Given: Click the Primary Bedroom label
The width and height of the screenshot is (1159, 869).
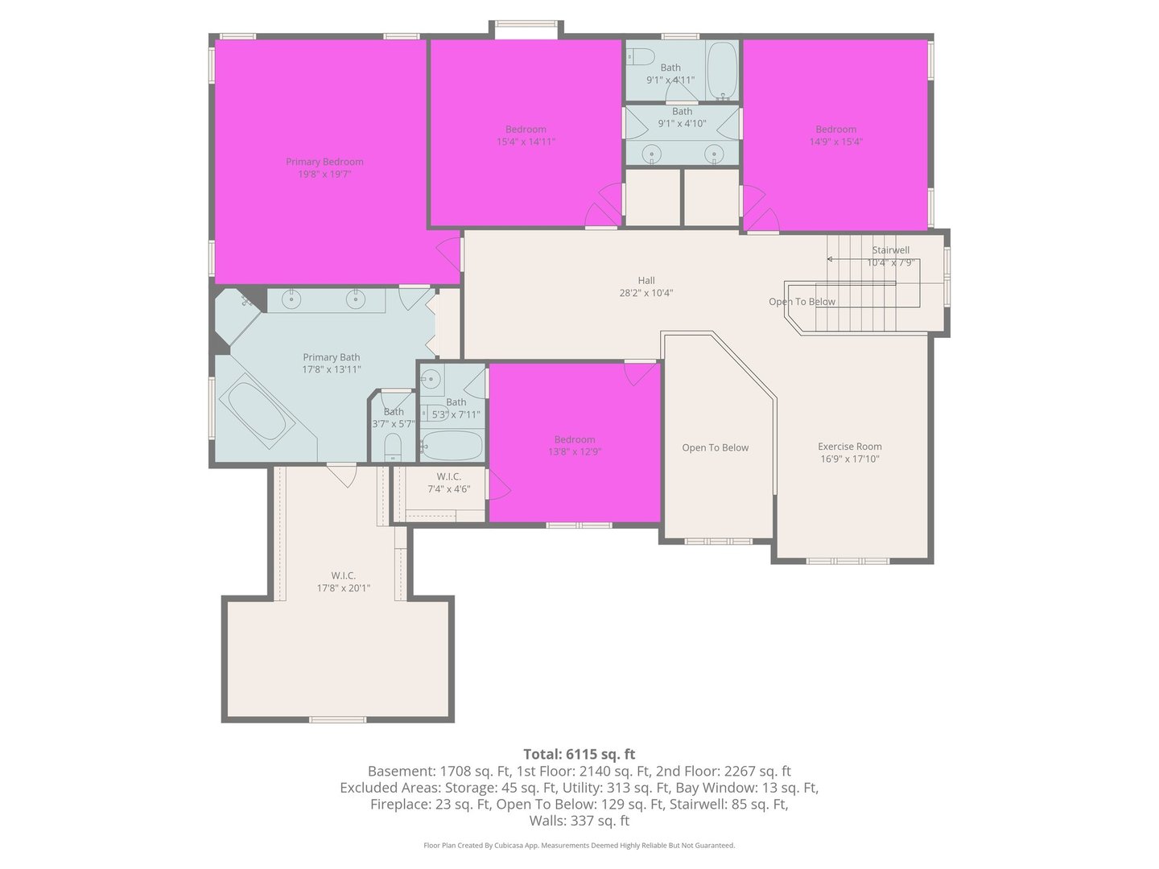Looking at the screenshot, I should tap(324, 162).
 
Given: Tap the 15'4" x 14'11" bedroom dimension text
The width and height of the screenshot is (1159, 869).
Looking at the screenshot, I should tap(526, 142).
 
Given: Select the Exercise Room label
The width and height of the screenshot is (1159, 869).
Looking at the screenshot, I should tap(849, 447).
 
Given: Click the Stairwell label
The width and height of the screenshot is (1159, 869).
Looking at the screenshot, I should tap(890, 250).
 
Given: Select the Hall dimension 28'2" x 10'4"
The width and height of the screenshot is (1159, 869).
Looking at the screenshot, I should tap(645, 293).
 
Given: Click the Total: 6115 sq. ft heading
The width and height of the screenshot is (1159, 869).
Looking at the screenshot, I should tap(579, 754).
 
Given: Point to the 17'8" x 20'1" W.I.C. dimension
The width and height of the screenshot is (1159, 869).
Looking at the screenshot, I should tap(343, 587).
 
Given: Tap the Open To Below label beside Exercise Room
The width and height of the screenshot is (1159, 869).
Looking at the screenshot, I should tap(715, 447).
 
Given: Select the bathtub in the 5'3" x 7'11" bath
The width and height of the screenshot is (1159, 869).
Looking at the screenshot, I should tap(452, 445).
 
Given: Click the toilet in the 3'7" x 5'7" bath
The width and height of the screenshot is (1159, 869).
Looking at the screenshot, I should tap(393, 447).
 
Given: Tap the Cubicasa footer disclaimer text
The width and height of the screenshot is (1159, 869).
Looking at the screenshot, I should tap(579, 845).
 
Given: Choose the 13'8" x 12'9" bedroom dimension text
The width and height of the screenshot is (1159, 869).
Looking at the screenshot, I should tap(574, 451).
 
